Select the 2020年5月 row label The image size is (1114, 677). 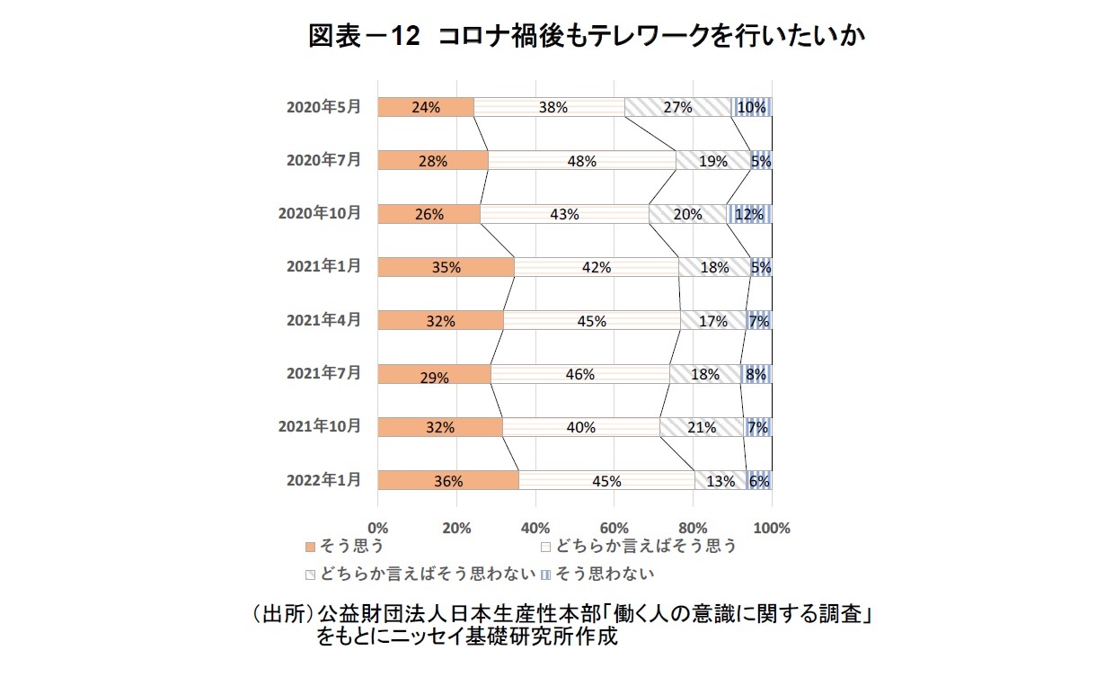(x=323, y=107)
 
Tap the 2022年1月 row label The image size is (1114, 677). (x=323, y=480)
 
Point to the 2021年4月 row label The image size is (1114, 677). (x=323, y=320)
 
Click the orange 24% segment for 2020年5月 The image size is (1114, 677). (x=425, y=107)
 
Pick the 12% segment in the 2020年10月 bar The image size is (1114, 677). (x=749, y=214)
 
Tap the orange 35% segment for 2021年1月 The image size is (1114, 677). (x=446, y=267)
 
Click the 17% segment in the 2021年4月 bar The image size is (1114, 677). (x=713, y=321)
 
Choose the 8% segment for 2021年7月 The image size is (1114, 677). (x=756, y=374)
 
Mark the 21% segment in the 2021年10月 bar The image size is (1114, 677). (x=702, y=427)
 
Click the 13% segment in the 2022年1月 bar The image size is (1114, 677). (x=721, y=480)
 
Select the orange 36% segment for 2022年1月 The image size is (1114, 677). (x=447, y=480)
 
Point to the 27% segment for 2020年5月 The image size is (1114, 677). (x=677, y=107)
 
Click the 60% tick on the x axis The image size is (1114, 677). (x=614, y=528)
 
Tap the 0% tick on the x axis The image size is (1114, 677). (x=378, y=528)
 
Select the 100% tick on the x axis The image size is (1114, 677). (x=772, y=528)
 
